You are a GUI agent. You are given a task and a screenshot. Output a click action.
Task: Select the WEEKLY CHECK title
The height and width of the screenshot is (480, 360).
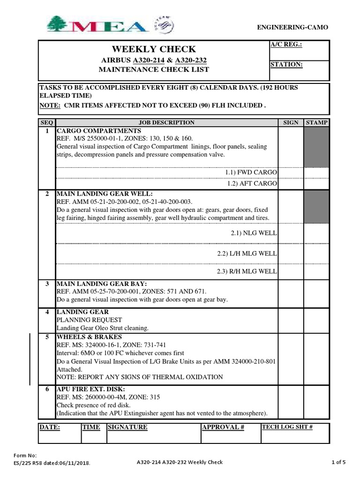click(153, 49)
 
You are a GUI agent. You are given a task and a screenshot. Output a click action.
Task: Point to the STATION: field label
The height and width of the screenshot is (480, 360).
click(286, 64)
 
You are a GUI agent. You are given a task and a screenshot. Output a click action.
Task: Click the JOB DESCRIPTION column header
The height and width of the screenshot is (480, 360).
click(167, 122)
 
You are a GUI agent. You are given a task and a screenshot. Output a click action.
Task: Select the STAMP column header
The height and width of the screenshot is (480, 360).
click(317, 122)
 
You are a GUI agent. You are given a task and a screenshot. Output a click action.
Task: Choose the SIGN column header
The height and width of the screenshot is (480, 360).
click(291, 122)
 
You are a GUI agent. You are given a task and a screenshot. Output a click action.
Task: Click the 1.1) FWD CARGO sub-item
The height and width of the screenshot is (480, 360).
click(251, 172)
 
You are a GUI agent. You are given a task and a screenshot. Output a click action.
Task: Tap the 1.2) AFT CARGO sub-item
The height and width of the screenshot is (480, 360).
click(252, 183)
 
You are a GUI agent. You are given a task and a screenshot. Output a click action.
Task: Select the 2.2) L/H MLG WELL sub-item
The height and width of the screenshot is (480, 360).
click(247, 253)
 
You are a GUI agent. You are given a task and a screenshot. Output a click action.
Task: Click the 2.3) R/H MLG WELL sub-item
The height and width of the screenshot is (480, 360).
click(247, 271)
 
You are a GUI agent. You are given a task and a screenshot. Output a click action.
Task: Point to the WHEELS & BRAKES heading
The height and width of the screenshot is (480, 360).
click(89, 337)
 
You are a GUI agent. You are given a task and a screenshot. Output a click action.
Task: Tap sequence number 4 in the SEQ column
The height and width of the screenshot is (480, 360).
click(47, 312)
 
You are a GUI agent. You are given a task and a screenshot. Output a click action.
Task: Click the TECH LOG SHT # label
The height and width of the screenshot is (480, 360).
click(287, 427)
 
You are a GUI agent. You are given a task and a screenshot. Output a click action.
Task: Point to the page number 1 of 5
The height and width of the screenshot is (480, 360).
click(338, 462)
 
